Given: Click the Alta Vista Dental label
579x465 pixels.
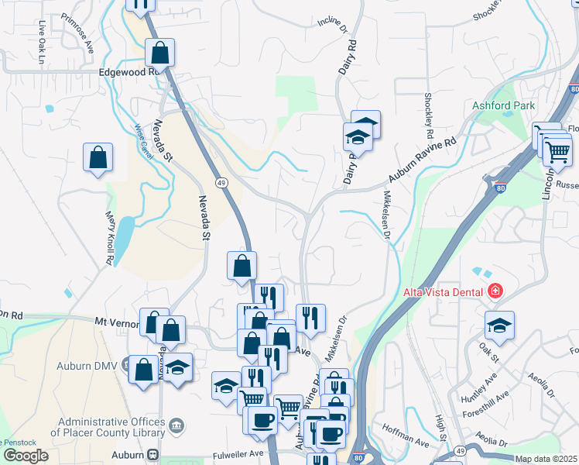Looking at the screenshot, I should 443,292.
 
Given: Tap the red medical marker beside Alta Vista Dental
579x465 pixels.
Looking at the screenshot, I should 495,292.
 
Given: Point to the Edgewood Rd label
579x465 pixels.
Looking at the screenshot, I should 128,71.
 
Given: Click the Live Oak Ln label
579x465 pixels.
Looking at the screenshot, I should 42,36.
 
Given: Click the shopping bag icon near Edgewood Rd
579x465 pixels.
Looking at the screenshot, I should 160,53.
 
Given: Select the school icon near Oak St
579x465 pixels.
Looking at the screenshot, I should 499,325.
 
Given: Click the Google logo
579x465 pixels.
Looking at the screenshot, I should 26,456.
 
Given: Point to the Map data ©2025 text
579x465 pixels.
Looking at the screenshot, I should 546,459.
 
